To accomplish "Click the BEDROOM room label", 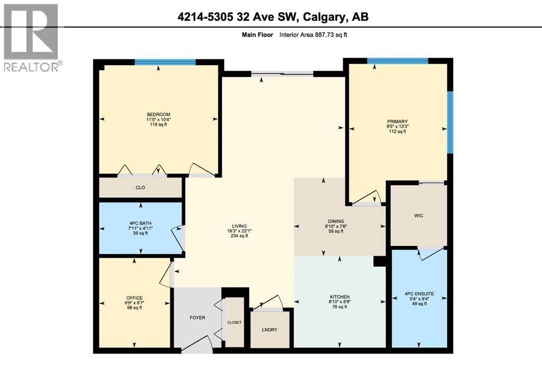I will pyautogui.click(x=158, y=115).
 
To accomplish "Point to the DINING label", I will pyautogui.click(x=336, y=221).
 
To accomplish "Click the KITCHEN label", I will pyautogui.click(x=339, y=296).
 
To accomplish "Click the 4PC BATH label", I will pyautogui.click(x=140, y=223).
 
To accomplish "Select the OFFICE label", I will pyautogui.click(x=134, y=298).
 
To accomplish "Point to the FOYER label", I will pyautogui.click(x=197, y=318).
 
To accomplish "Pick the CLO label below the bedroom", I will pyautogui.click(x=140, y=188).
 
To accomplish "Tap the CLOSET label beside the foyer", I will pyautogui.click(x=234, y=322).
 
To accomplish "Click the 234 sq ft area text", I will pyautogui.click(x=239, y=236).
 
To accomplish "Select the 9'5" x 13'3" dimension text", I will pyautogui.click(x=397, y=126).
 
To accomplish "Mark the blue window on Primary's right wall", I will pyautogui.click(x=450, y=122).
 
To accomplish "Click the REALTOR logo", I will pyautogui.click(x=32, y=37).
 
